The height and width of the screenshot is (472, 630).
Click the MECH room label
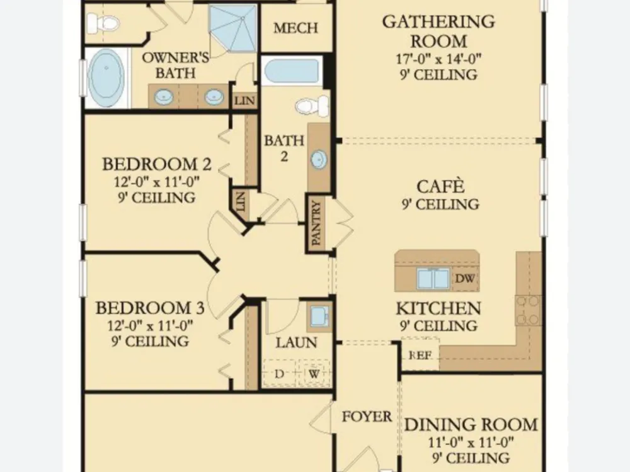click(295, 28)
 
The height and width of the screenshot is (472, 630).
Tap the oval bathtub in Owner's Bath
click(106, 78)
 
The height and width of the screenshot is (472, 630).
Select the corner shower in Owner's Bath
click(233, 28)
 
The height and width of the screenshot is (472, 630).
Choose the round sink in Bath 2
click(319, 160)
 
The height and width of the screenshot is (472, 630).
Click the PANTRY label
click(317, 223)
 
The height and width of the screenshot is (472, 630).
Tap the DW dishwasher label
click(465, 278)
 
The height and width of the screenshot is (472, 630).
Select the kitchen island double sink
click(433, 279)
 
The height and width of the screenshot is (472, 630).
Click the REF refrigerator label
click(420, 355)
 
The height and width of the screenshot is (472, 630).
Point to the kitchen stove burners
click(528, 310)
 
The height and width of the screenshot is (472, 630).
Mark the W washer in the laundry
click(314, 374)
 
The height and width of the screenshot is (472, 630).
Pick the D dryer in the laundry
click(279, 374)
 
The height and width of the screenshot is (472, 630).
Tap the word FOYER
click(367, 417)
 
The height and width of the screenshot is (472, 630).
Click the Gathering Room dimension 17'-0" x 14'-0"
click(438, 59)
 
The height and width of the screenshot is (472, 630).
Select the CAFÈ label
click(440, 187)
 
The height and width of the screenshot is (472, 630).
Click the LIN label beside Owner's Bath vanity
click(244, 100)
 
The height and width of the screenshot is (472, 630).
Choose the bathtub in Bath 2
click(291, 72)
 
